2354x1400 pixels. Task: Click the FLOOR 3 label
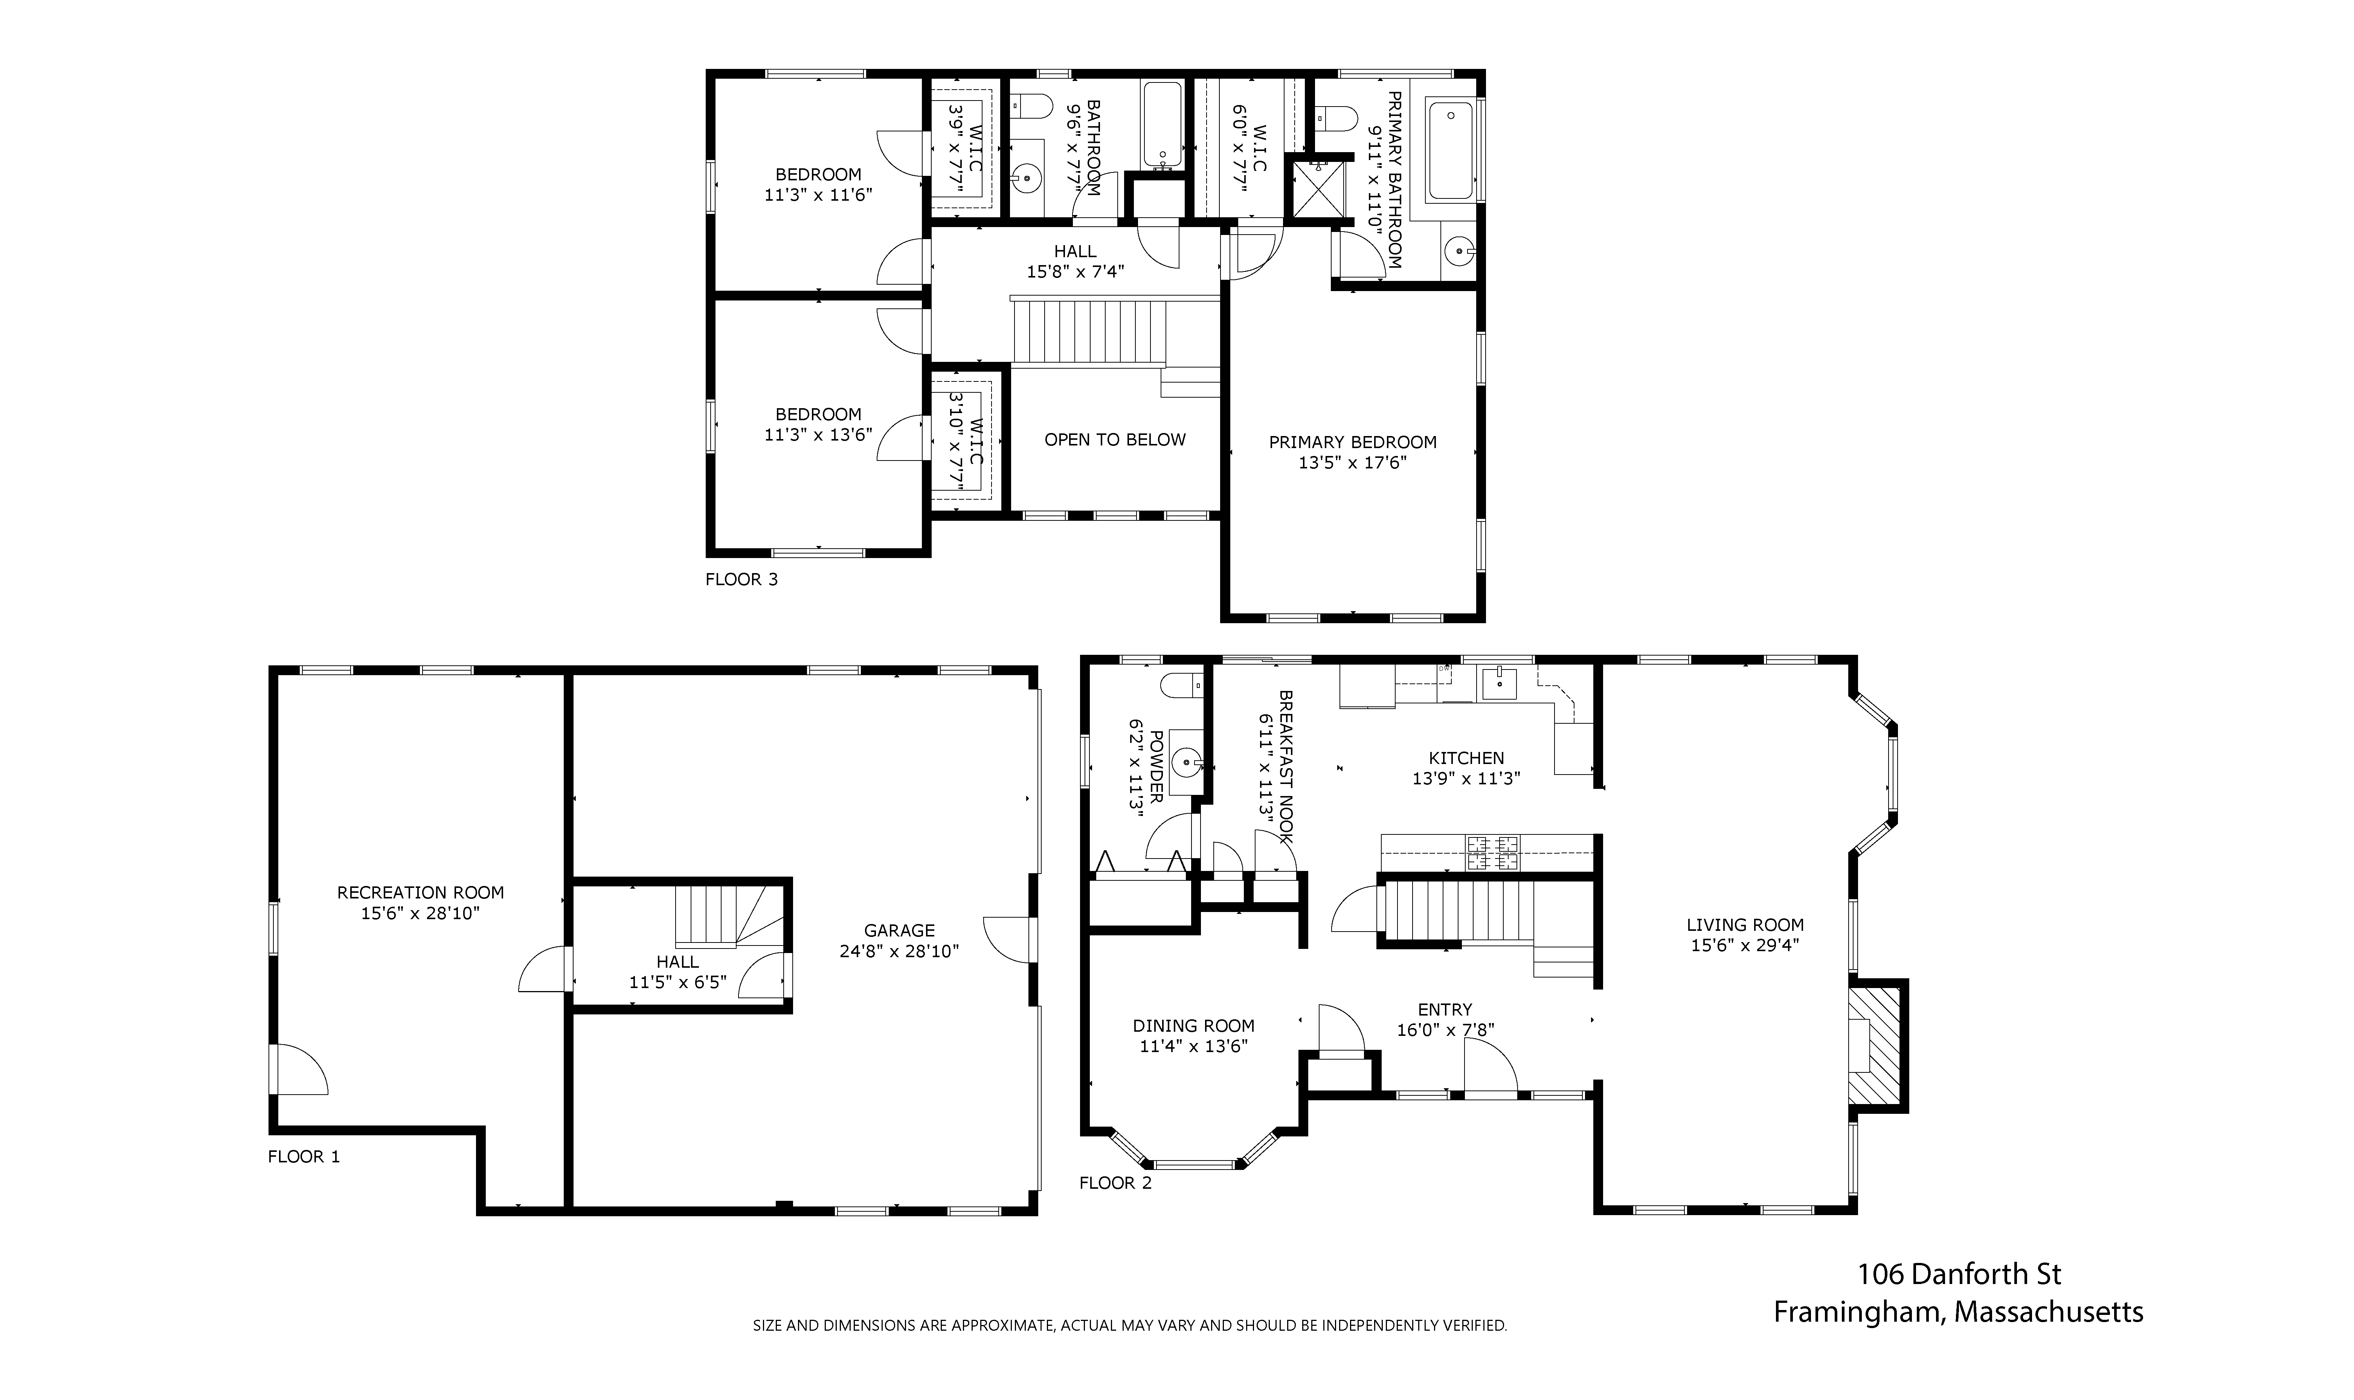(x=741, y=579)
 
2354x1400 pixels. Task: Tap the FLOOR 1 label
(x=304, y=1157)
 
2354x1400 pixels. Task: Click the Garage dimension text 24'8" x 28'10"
(x=899, y=951)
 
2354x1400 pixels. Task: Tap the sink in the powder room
(x=1186, y=759)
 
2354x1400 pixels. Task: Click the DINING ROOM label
(x=1193, y=1025)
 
